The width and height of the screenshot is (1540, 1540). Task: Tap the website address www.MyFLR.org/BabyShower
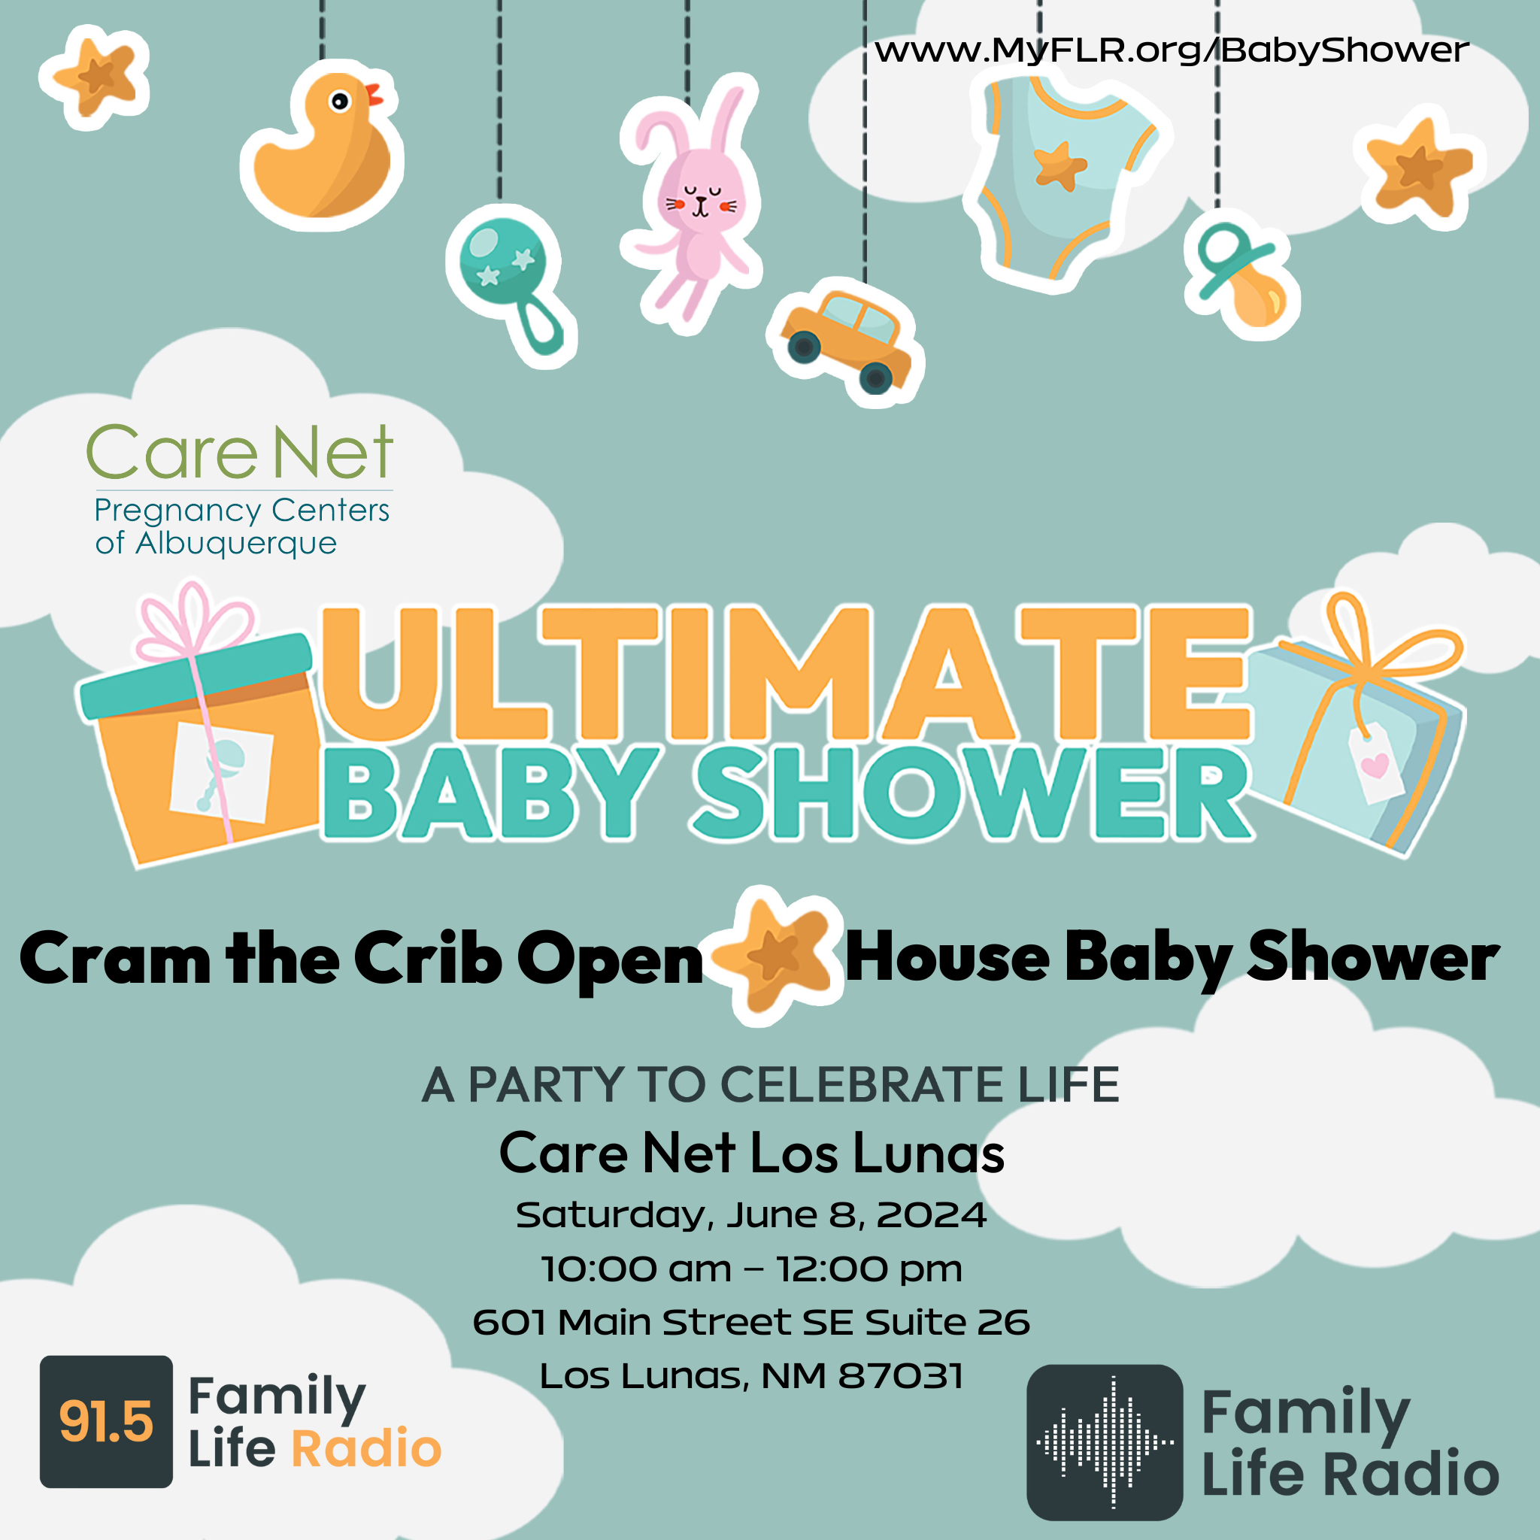click(x=1172, y=51)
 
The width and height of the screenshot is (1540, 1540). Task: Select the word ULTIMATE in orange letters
click(x=785, y=674)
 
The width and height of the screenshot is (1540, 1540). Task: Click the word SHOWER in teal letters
click(x=972, y=793)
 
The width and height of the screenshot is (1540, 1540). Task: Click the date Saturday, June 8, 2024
click(x=751, y=1215)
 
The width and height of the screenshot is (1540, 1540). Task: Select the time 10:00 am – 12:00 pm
click(x=752, y=1269)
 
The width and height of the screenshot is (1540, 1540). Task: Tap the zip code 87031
click(x=902, y=1376)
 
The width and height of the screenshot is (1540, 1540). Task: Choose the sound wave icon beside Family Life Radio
click(x=1105, y=1443)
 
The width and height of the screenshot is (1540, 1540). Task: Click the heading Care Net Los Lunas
click(x=752, y=1153)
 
